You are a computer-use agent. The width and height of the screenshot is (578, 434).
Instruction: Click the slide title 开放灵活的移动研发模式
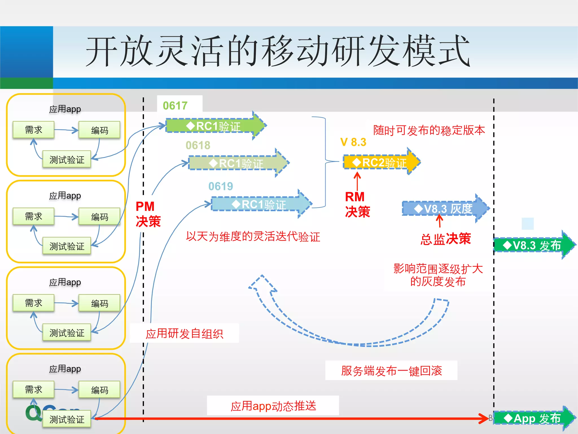pos(278,51)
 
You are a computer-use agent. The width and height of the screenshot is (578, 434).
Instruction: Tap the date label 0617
pos(175,106)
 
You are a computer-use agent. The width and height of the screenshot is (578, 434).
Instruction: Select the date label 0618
pos(198,146)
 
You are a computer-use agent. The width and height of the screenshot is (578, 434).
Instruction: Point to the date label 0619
pos(221,186)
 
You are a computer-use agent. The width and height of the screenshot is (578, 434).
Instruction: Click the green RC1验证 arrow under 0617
pos(214,126)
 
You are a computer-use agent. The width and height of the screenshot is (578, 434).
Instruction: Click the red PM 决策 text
pos(148,214)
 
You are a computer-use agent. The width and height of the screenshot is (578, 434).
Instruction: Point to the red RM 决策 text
pos(357,204)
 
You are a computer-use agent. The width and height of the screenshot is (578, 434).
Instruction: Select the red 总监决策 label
pos(445,239)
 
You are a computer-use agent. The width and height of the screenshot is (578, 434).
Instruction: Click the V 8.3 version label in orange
pos(353,142)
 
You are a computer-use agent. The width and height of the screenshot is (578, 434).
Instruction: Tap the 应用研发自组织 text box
pos(184,333)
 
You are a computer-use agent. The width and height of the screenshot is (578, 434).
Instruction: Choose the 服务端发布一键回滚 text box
pos(391,370)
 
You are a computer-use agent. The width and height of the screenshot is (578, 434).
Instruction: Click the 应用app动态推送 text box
pos(273,406)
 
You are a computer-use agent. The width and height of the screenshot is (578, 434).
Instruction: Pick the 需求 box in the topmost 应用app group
pos(33,130)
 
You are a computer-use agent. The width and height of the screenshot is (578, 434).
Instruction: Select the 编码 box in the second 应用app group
pos(99,217)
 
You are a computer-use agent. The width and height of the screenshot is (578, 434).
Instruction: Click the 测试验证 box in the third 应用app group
pos(67,333)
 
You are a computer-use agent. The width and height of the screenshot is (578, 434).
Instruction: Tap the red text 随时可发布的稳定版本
pos(429,130)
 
